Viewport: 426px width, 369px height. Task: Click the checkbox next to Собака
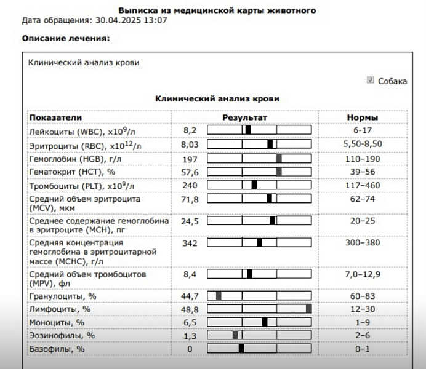(370, 81)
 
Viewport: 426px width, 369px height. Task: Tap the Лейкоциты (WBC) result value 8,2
(190, 130)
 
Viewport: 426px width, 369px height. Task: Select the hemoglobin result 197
(190, 158)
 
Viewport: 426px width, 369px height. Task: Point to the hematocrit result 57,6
(190, 172)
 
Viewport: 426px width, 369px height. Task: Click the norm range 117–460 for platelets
(363, 185)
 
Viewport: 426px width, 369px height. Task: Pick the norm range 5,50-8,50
(363, 145)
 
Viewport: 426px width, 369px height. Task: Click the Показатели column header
(55, 117)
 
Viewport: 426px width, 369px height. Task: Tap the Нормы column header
(363, 117)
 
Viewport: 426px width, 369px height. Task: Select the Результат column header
(245, 117)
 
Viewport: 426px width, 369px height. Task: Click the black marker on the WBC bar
(248, 130)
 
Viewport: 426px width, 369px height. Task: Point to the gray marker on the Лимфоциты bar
(308, 309)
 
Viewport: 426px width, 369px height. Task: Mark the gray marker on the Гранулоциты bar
(219, 296)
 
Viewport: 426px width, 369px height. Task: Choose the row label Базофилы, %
(56, 349)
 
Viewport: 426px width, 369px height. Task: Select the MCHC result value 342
(190, 243)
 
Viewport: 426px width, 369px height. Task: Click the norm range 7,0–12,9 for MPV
(363, 274)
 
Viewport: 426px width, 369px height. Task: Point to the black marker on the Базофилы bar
(241, 349)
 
